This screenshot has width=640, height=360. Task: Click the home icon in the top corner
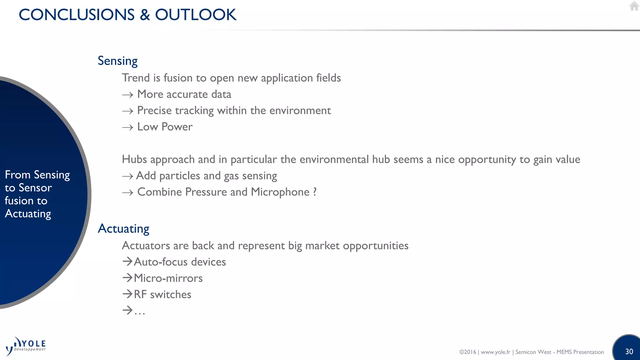(x=634, y=6)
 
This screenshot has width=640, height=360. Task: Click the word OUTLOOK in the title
(x=196, y=15)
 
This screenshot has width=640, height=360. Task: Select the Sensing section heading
(x=117, y=61)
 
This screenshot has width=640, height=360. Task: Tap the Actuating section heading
(x=123, y=228)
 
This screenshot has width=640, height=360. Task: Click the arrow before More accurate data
(x=127, y=95)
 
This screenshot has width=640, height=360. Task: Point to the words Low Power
(x=165, y=127)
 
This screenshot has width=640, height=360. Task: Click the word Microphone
(x=280, y=192)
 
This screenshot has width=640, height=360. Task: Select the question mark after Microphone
(x=314, y=192)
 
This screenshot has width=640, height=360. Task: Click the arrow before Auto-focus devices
(x=127, y=261)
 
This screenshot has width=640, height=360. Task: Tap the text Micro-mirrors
(x=168, y=278)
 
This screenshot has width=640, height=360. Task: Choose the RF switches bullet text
(x=162, y=294)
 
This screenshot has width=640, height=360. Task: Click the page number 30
(x=629, y=352)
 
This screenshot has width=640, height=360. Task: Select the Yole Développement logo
(x=26, y=346)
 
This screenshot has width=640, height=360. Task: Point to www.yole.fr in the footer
(x=495, y=352)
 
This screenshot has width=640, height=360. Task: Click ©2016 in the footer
(x=467, y=352)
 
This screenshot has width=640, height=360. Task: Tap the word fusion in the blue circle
(x=17, y=201)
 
